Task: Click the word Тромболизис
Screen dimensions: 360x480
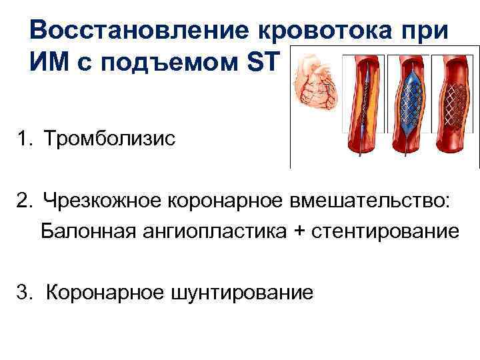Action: click(x=110, y=140)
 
